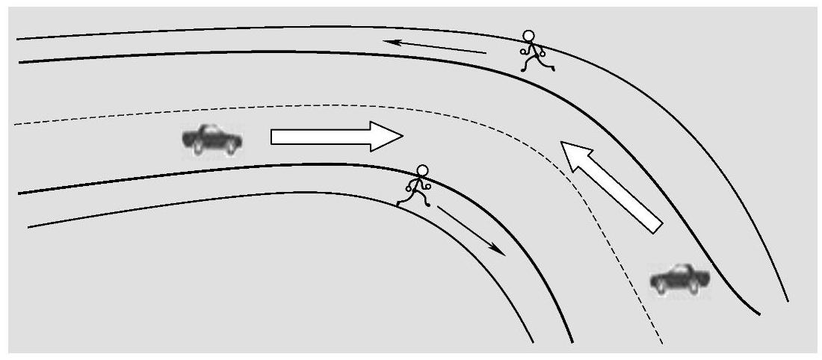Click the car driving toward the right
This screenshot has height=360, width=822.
tap(212, 140)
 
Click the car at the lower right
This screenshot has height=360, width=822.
tap(679, 279)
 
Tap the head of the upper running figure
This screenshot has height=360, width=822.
tap(529, 36)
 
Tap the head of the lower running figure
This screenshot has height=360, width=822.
tap(423, 170)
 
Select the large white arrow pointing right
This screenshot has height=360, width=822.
tap(336, 137)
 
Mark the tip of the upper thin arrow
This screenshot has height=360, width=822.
tap(387, 42)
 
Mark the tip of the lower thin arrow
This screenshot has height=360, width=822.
tap(504, 255)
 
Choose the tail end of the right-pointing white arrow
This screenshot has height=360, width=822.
tap(274, 137)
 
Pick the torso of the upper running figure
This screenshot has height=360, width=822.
tap(533, 49)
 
